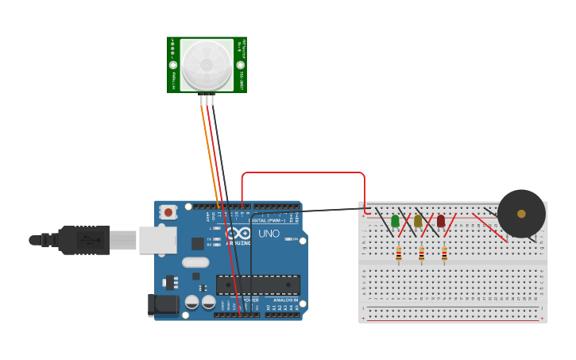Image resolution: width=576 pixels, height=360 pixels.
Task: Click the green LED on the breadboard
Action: [x=395, y=220]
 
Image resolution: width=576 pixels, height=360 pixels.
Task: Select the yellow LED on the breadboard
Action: [x=418, y=220]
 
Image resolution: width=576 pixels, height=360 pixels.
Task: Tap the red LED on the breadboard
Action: [x=441, y=220]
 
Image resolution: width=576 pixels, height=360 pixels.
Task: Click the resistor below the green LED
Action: [x=398, y=254]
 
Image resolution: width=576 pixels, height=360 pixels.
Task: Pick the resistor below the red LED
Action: [x=444, y=254]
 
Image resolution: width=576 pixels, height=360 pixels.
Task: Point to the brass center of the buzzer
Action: [x=521, y=214]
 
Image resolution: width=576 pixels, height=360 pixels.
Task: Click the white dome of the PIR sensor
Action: [x=207, y=64]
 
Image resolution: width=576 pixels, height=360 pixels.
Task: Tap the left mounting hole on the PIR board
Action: [x=173, y=65]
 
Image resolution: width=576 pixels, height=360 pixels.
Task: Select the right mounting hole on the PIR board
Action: [x=240, y=65]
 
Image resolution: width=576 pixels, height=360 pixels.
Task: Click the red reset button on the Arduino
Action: [x=168, y=212]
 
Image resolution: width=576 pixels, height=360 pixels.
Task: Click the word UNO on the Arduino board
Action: [x=269, y=234]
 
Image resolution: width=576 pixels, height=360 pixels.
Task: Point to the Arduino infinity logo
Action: [x=238, y=234]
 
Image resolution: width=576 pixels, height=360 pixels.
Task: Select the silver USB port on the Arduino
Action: [x=157, y=239]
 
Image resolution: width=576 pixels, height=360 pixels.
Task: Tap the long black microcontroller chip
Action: [x=258, y=285]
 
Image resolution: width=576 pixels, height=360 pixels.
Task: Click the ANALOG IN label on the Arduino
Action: [x=285, y=300]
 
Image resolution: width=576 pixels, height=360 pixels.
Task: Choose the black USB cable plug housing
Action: [x=84, y=239]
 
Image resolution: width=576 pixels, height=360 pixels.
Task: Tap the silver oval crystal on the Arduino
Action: [x=195, y=262]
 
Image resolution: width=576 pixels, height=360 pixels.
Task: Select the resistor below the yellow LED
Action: [x=421, y=254]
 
